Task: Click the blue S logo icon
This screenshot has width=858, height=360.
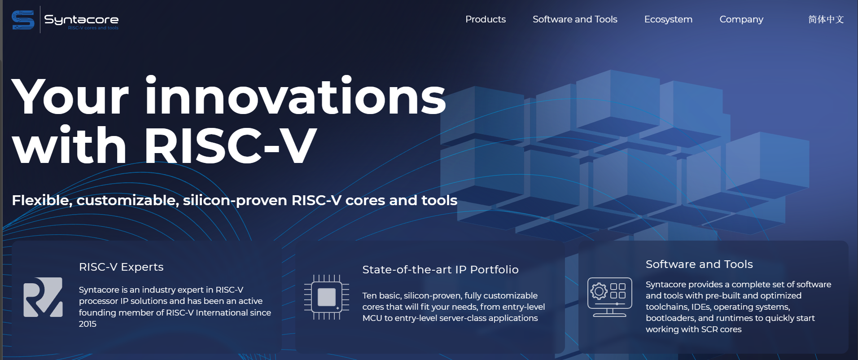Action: point(23,20)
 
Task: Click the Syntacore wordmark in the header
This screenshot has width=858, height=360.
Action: point(81,19)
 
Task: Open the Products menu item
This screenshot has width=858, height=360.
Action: point(486,19)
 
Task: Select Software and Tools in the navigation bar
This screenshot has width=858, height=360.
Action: point(575,19)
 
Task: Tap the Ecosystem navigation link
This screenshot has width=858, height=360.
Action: point(668,19)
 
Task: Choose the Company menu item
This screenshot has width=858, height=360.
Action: point(741,19)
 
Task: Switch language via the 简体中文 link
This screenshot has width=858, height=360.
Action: point(826,19)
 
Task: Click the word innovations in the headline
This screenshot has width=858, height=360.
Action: point(295,96)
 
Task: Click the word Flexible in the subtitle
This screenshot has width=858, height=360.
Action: point(42,200)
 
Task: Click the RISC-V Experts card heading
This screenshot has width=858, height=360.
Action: point(121,267)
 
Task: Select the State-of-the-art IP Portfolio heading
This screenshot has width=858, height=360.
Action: point(440,269)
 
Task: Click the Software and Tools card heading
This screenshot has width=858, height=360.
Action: point(699,264)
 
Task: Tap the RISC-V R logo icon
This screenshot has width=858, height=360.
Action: point(43,297)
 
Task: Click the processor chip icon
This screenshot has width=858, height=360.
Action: point(327,297)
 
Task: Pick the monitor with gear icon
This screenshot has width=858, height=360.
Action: point(610,297)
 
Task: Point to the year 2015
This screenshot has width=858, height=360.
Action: point(88,324)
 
